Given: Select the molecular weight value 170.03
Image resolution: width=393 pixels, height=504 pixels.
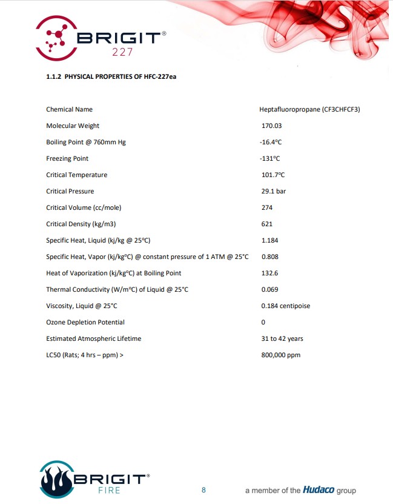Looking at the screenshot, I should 271,126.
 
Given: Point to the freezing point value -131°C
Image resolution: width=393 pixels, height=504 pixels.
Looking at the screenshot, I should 270,158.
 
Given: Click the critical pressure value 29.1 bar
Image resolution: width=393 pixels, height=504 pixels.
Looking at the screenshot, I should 274,191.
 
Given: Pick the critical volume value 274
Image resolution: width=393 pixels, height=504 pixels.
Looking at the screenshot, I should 266,207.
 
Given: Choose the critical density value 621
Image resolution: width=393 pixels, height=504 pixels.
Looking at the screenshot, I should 266,224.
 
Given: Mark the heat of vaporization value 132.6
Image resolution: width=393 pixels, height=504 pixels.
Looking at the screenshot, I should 270,273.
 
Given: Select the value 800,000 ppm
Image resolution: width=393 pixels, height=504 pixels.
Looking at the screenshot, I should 280,355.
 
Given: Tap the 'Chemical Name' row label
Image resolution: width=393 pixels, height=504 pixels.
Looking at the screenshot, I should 69,109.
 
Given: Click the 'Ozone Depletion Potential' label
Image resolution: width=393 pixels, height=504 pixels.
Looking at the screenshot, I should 85,322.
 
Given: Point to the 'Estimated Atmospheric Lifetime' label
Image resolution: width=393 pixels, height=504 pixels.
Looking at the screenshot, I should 93,338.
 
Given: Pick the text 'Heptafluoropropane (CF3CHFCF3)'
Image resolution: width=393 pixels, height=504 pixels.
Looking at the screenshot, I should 309,109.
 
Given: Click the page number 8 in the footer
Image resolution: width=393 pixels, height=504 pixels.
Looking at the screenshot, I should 203,489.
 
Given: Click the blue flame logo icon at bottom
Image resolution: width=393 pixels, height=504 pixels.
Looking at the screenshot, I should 56,479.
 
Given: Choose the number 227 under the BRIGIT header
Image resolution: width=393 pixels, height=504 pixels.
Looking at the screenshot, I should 123,52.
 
